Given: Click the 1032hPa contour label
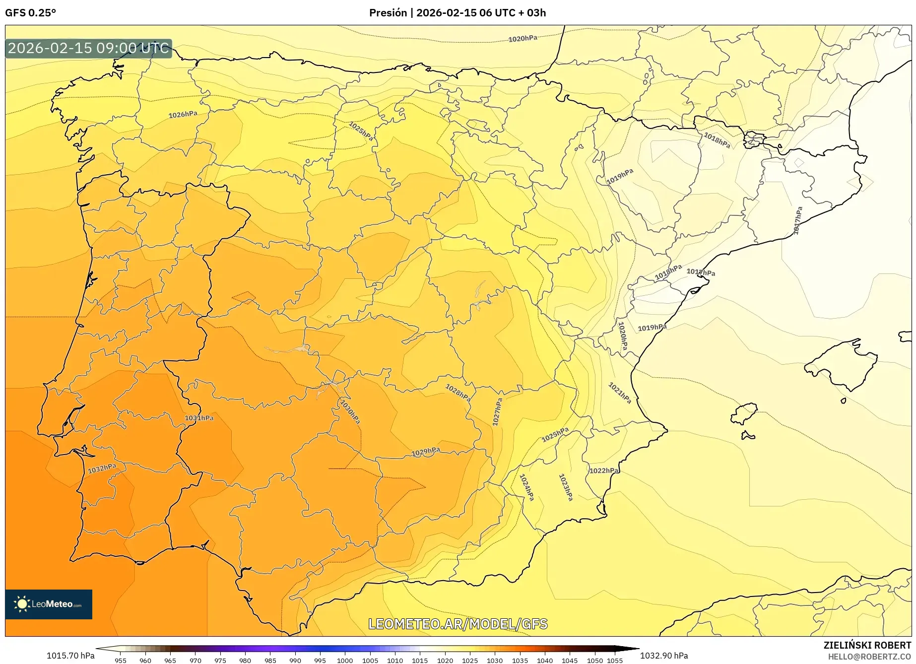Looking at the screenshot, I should [102, 468].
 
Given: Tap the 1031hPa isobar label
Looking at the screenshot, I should [199, 418].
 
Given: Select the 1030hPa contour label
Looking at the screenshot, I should [350, 411].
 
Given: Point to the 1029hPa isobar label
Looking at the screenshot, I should [426, 452].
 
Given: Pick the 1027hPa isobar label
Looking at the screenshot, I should [497, 412].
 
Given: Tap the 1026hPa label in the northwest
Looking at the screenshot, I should [183, 115].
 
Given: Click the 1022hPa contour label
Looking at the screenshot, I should [604, 470].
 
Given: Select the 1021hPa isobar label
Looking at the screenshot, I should [620, 393].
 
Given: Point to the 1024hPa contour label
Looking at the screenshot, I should [526, 487].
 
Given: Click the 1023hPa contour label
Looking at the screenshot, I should [566, 487].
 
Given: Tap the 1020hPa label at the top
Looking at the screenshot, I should [523, 39].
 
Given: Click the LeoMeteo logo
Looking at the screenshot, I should [49, 604].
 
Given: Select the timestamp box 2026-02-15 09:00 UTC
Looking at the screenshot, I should [88, 48].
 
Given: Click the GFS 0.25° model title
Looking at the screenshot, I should [31, 13].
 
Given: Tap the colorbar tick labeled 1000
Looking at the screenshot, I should [345, 660].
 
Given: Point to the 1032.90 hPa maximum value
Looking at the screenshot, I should [664, 656].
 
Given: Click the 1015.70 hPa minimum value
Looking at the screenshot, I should [70, 656].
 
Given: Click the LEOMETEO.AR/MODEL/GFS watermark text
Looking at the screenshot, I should [458, 624].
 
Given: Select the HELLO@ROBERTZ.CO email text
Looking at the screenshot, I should [869, 657].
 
